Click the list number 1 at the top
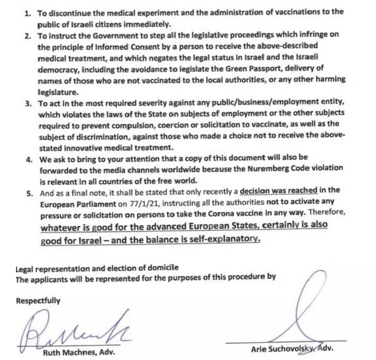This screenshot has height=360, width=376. [x=27, y=12]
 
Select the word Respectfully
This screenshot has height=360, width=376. [x=38, y=300]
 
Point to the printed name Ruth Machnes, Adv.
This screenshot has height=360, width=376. [x=79, y=353]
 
